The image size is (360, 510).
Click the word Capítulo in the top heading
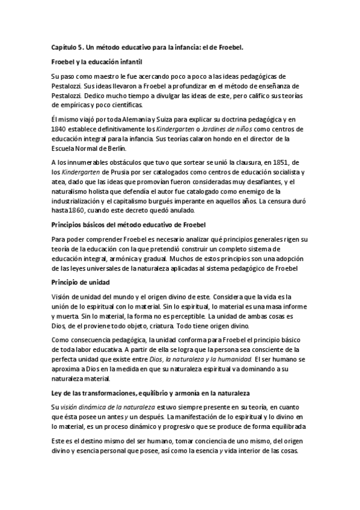point(62,46)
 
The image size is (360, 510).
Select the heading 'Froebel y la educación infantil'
point(96,61)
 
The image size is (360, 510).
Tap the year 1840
point(59,129)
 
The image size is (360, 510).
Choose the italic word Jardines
point(213,129)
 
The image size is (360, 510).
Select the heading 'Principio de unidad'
point(79,281)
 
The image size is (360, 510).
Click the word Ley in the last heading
point(57,392)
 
